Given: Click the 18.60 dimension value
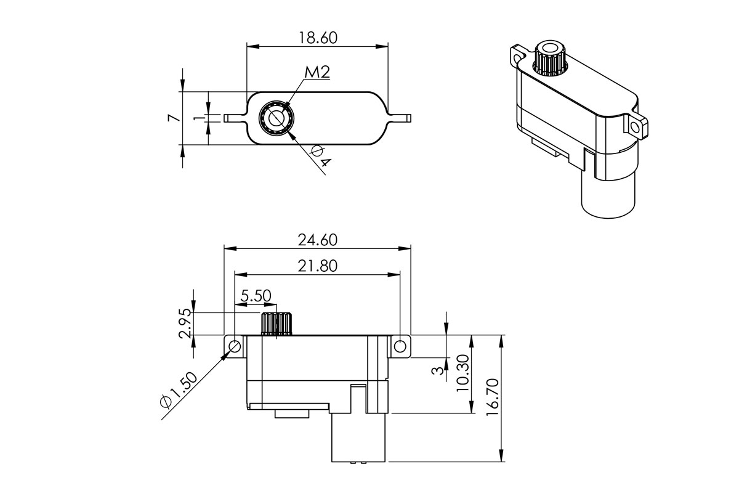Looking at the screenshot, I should point(318,38).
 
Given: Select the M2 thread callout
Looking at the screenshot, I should point(317,72).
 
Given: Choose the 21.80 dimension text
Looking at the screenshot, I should point(318,266).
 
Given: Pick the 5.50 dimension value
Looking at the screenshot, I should point(256,296).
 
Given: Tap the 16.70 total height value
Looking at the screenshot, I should point(491,397).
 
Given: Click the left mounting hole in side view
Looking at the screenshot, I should point(235,346).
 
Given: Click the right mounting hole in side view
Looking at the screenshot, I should point(400,346).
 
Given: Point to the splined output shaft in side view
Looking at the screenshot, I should point(277,324).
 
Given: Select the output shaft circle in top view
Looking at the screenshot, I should point(275,117).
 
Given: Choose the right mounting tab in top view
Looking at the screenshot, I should point(401,117).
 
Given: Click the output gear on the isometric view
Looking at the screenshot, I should point(549,58).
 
